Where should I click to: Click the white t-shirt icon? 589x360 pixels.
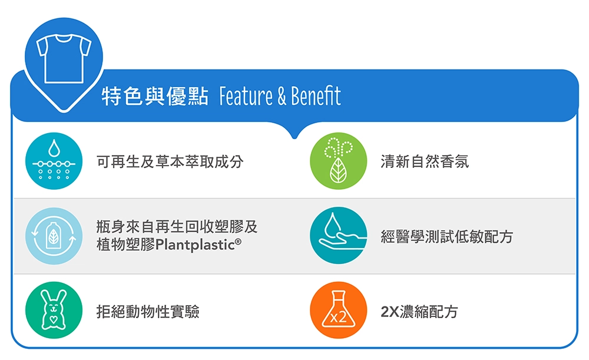coord(64,58)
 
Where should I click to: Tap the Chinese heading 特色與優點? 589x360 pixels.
coord(155,96)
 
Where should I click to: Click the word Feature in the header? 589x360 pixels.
coord(246,96)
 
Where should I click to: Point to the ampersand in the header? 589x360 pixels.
coord(282,97)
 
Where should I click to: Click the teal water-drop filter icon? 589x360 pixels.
coord(54,161)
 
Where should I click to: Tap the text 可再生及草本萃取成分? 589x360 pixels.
coord(170,161)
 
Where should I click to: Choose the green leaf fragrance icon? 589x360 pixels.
coord(338,161)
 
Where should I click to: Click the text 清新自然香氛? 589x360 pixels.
coord(425,161)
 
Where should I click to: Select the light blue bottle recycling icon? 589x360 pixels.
coord(54,236)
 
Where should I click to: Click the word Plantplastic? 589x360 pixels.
coord(195,245)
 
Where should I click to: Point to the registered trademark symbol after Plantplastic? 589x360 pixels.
coord(238,242)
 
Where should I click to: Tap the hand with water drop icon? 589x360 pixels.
coord(338,236)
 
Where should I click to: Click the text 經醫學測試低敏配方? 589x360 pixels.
coord(446,236)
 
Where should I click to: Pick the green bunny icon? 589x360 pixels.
coord(54,310)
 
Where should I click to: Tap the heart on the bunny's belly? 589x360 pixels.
coord(54,319)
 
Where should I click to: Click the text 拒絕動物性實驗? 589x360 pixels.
coord(148,312)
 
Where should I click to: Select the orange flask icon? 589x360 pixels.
coord(338,310)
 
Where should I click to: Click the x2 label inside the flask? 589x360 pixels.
coord(338,318)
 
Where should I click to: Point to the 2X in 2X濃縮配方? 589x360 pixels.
coord(390,312)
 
